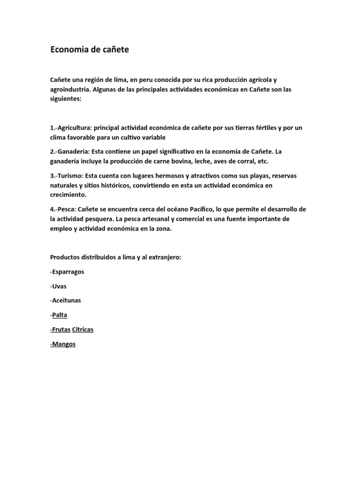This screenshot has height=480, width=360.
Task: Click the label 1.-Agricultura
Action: click(x=71, y=128)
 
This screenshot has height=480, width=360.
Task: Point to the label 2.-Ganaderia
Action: click(x=69, y=152)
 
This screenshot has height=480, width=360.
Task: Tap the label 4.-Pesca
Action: click(x=64, y=209)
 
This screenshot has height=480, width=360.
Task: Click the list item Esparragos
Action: click(x=67, y=271)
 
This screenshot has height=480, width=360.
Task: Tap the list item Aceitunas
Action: click(x=66, y=300)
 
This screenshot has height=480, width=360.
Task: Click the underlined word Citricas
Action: click(x=82, y=330)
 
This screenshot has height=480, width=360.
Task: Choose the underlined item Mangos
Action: click(x=63, y=344)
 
